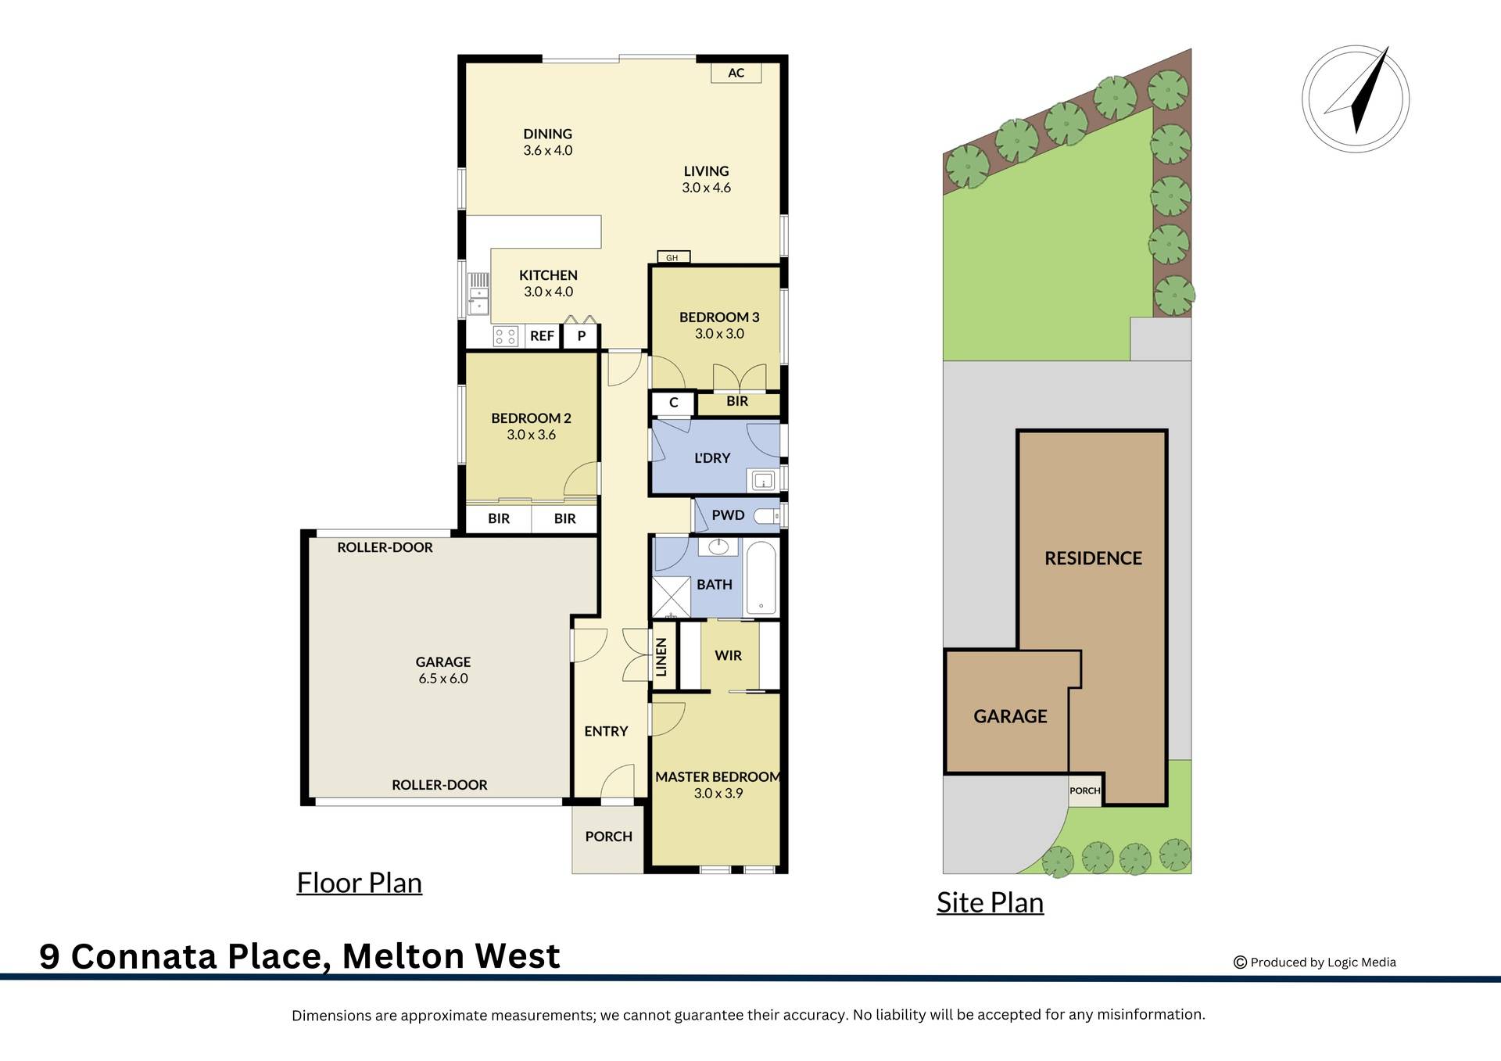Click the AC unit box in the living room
point(736,73)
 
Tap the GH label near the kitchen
point(672,257)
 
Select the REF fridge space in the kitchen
point(542,336)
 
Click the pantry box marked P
point(581,336)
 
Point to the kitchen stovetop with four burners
point(506,336)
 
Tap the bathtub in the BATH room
point(761,578)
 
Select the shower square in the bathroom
point(671,597)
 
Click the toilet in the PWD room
point(767,515)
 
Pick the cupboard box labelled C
point(673,403)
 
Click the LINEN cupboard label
point(662,656)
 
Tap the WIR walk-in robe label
point(728,655)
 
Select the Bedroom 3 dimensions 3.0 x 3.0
point(719,334)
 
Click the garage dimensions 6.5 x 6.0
point(442,679)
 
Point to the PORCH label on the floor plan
point(608,837)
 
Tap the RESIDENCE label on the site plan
point(1093,558)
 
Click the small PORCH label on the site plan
point(1084,790)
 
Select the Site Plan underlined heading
point(990,902)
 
